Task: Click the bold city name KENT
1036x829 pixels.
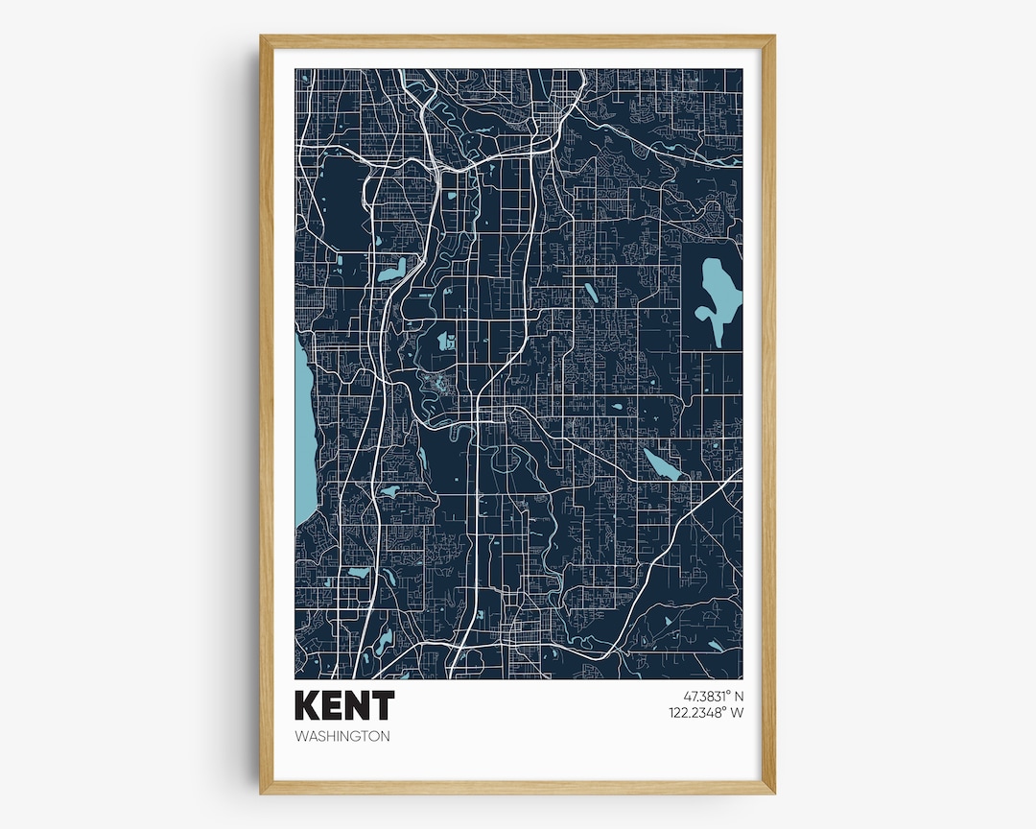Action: (344, 705)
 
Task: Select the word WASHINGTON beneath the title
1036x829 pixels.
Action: (343, 737)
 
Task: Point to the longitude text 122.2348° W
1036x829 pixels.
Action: (706, 712)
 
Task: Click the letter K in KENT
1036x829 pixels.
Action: (308, 705)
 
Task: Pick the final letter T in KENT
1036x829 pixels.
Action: (382, 705)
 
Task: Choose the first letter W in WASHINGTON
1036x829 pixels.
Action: (302, 737)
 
